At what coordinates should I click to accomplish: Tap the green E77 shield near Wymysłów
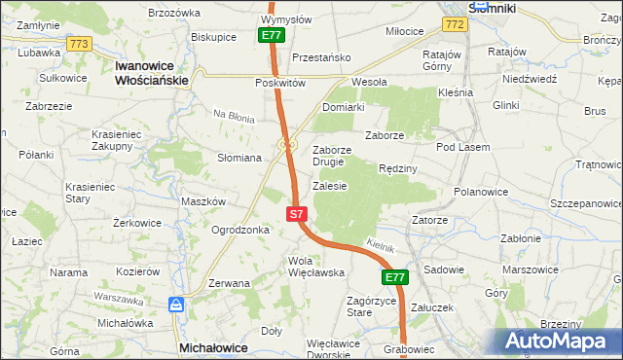pos(273,35)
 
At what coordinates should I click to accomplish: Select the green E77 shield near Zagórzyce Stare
pos(393,278)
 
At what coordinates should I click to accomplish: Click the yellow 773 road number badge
pos(80,44)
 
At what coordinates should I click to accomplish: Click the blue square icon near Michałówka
pos(176,305)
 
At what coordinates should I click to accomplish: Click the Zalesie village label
pos(329,186)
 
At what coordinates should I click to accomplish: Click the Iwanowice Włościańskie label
pos(150,72)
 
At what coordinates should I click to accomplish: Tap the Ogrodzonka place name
pos(239,231)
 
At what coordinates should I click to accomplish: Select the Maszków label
pos(203,201)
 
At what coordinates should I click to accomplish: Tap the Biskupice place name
pos(214,37)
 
